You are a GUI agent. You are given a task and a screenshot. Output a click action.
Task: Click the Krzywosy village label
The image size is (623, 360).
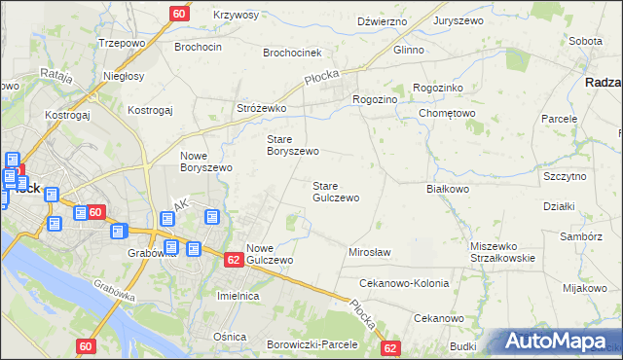click(235, 16)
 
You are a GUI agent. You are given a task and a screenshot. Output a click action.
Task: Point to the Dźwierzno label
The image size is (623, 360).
click(381, 20)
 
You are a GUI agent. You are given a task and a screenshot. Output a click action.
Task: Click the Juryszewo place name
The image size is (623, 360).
click(459, 20)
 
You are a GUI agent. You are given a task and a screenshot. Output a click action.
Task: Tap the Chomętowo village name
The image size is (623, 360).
click(446, 114)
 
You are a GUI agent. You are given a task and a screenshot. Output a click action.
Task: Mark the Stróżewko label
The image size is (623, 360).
click(261, 109)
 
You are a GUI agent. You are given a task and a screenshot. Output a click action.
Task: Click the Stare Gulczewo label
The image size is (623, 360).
click(336, 192)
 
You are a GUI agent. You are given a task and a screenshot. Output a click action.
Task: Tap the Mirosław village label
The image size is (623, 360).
click(369, 253)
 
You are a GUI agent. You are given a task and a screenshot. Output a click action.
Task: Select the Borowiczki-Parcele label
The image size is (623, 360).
click(312, 344)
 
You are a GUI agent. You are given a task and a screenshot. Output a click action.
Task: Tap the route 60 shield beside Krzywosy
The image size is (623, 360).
click(179, 14)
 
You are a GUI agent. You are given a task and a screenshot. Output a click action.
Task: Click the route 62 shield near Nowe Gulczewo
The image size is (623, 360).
click(234, 260)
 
